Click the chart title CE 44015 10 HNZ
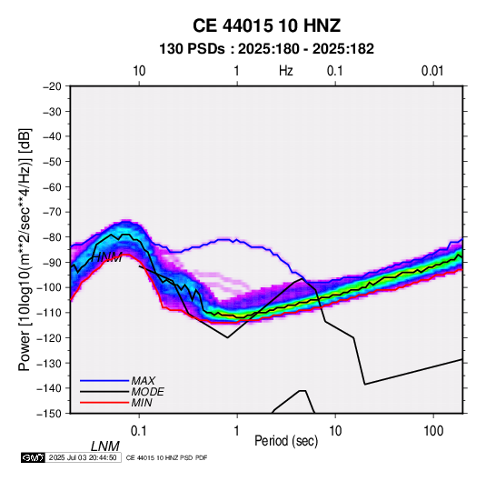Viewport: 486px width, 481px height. pos(266,25)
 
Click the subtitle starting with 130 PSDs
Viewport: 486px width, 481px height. pos(266,49)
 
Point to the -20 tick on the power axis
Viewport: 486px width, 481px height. pos(52,86)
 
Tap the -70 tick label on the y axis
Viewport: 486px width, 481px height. pos(52,212)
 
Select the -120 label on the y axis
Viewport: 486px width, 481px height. pos(49,337)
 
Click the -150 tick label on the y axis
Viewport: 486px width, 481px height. pos(49,414)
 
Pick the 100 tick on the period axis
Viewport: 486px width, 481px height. pos(433,431)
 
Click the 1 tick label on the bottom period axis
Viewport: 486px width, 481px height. pos(237,431)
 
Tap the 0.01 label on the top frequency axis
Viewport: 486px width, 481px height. pos(432,71)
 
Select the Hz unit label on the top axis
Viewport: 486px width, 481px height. pos(286,71)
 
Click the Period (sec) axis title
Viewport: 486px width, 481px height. pos(286,441)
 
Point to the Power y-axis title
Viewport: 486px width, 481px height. pos(25,249)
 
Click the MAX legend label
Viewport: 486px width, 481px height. pos(144,380)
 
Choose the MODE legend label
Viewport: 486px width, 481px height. pos(147,392)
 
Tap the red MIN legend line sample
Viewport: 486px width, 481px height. pos(104,403)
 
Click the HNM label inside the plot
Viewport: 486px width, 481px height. pos(106,257)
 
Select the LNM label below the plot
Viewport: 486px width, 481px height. pos(105,446)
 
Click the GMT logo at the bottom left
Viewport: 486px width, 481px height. pos(34,457)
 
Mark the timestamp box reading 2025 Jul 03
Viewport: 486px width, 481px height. pos(83,457)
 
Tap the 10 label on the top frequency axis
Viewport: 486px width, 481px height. pos(139,71)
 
